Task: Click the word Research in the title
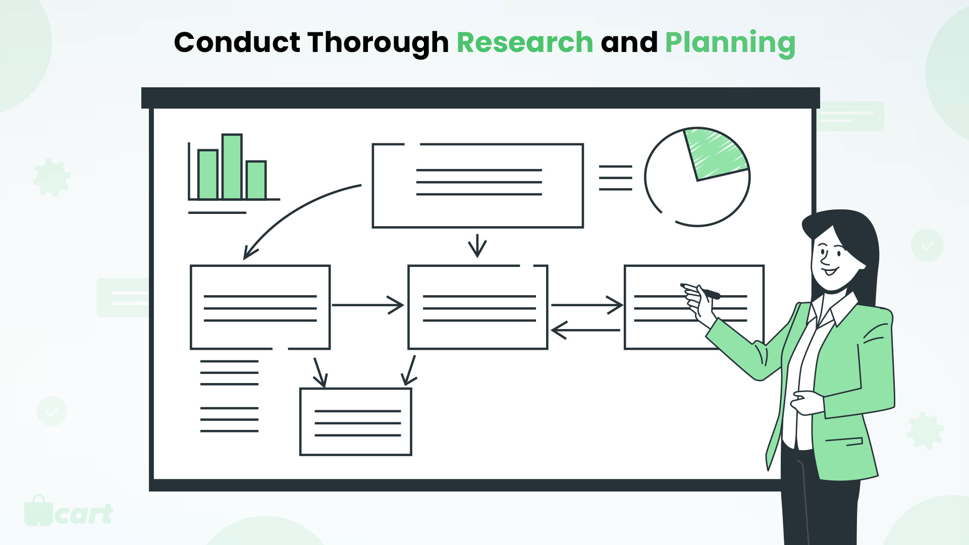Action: pyautogui.click(x=525, y=42)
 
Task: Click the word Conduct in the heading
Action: pyautogui.click(x=237, y=42)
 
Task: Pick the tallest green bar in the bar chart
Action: pyautogui.click(x=232, y=167)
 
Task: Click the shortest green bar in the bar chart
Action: pyautogui.click(x=256, y=180)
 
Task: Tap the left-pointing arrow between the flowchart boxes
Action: pyautogui.click(x=585, y=331)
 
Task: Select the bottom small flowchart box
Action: pyautogui.click(x=356, y=422)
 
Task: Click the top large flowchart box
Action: pyautogui.click(x=478, y=186)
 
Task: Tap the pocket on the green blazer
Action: pyautogui.click(x=844, y=441)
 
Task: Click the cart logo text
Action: pyautogui.click(x=84, y=514)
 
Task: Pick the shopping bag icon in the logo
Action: pyautogui.click(x=38, y=510)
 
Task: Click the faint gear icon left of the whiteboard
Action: pyautogui.click(x=51, y=178)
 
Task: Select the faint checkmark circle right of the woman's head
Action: pyautogui.click(x=927, y=245)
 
